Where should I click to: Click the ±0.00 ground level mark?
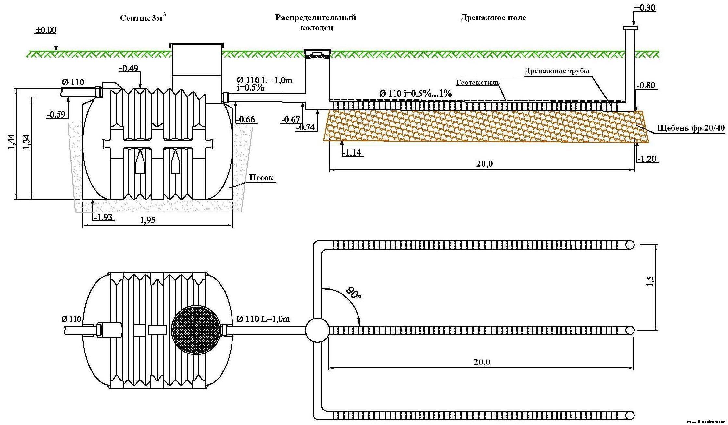click(45, 30)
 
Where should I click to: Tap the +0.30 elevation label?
click(644, 8)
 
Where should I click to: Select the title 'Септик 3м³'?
click(143, 18)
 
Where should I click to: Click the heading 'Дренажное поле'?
click(493, 18)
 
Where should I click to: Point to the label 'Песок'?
click(261, 178)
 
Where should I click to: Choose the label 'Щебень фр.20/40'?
click(691, 128)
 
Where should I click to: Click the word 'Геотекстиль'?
click(478, 83)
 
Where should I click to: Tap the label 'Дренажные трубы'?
click(557, 71)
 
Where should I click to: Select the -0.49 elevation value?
click(129, 68)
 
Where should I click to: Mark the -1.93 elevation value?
click(103, 217)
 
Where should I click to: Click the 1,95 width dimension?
click(148, 220)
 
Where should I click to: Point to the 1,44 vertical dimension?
click(11, 142)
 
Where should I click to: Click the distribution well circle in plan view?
click(317, 330)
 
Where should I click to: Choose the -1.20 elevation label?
click(646, 159)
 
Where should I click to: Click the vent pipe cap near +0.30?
click(630, 28)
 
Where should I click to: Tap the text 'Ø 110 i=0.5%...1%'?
click(415, 94)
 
